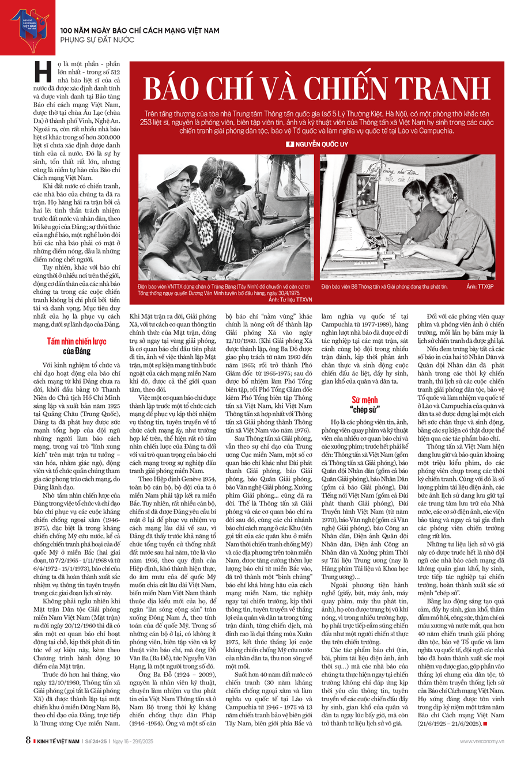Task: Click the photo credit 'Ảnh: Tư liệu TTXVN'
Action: (290, 300)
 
